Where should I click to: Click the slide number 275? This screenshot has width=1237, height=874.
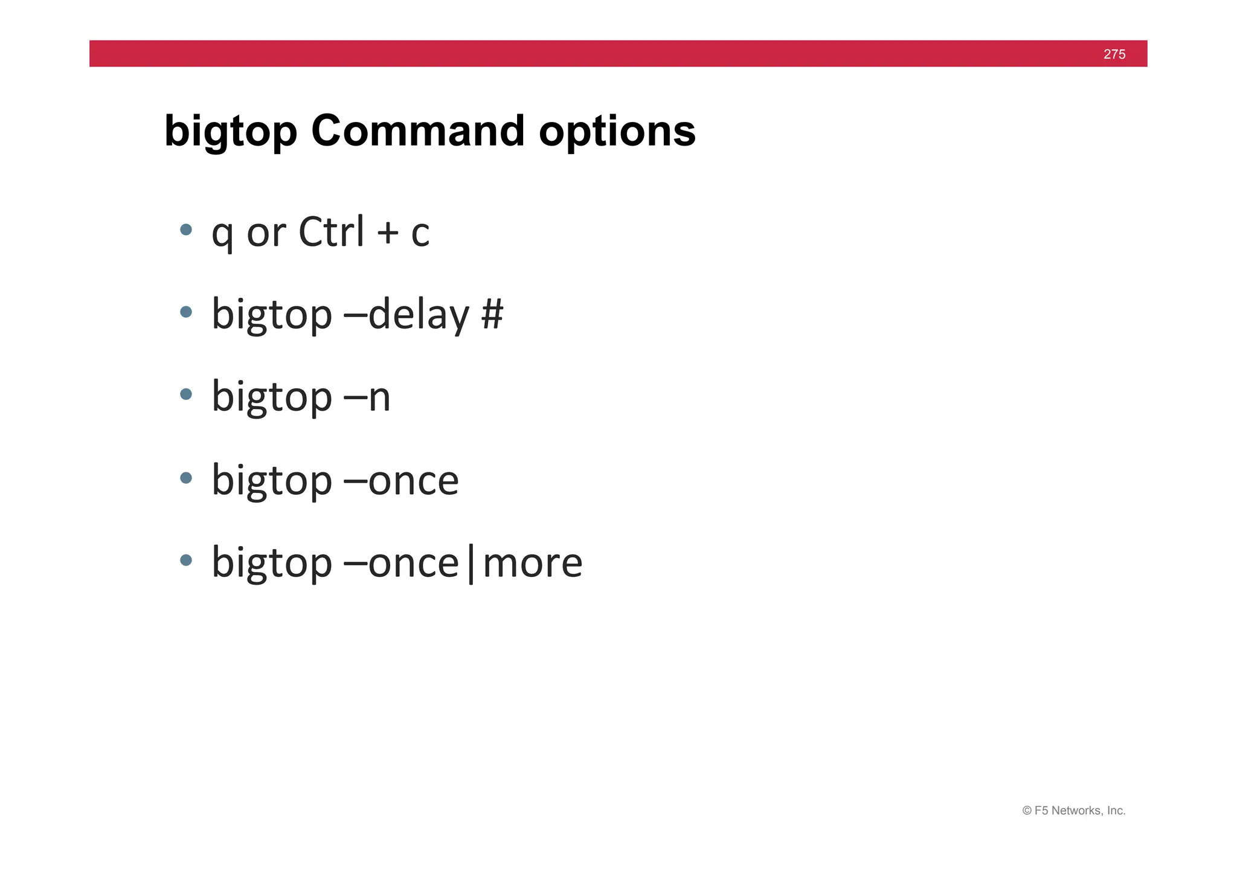tap(1114, 54)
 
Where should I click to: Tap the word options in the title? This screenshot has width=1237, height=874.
tap(617, 132)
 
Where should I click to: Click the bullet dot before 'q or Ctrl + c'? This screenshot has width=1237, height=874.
tap(186, 230)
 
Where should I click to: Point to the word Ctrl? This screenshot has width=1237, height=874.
tap(332, 231)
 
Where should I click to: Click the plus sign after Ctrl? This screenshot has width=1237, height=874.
tap(388, 233)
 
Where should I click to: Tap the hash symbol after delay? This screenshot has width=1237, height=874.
tap(492, 314)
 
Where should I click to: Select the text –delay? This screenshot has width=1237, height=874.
tap(406, 315)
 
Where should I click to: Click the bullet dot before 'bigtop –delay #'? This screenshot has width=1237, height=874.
tap(186, 312)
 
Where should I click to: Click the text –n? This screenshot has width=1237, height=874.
tap(367, 397)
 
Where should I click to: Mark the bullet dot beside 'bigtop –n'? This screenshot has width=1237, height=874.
tap(186, 394)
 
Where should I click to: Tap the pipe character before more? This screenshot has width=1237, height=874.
tap(471, 564)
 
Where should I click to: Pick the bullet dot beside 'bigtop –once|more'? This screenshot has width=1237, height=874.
tap(186, 560)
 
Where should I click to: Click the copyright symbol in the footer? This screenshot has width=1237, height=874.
tap(1026, 811)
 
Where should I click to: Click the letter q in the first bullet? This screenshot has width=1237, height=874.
tap(222, 234)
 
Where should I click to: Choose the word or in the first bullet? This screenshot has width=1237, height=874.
tap(266, 233)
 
